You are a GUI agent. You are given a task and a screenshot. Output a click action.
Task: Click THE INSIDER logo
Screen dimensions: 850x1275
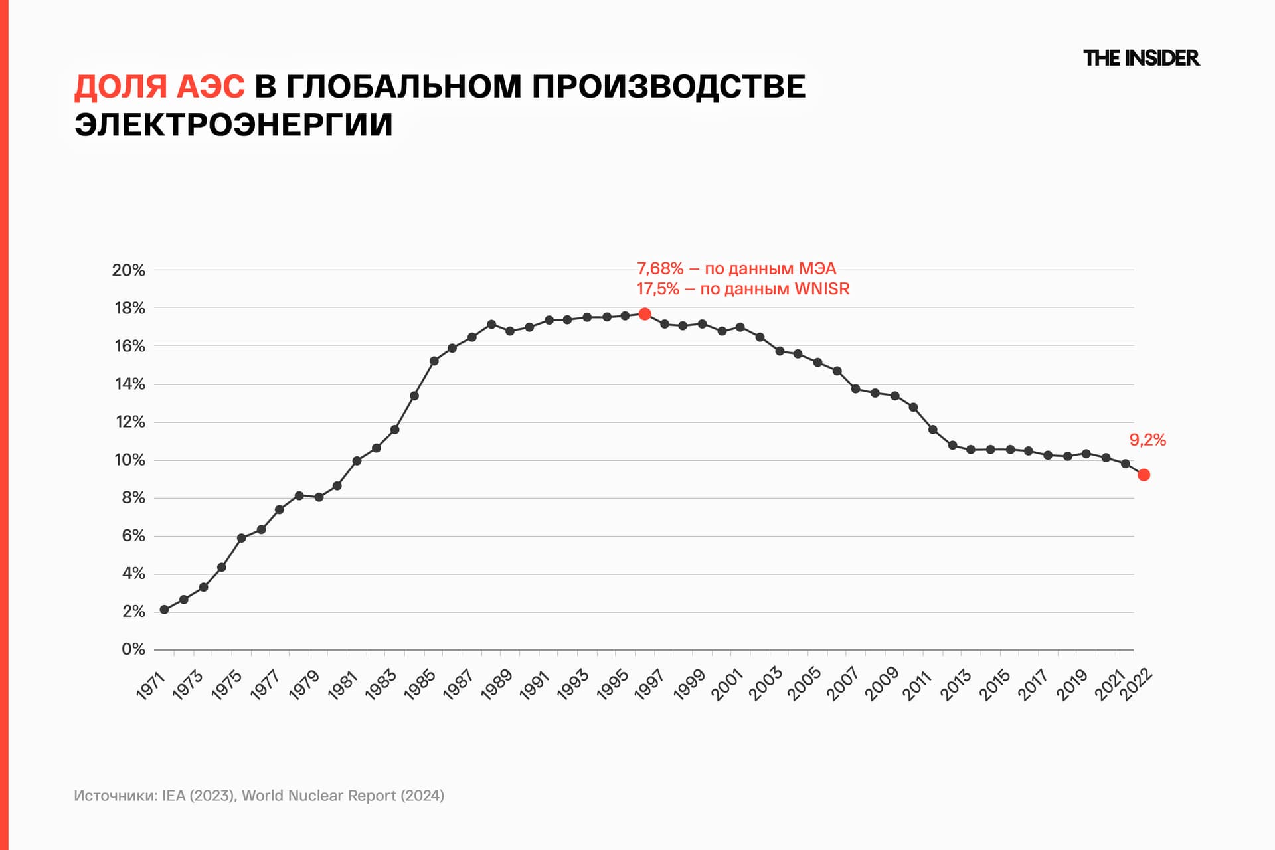point(1141,58)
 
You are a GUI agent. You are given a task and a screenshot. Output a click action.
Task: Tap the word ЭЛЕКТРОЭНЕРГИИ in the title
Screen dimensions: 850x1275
point(234,125)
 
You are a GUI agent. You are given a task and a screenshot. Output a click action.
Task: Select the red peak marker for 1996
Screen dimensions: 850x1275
point(645,314)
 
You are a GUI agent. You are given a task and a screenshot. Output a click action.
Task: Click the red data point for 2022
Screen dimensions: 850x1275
point(1144,475)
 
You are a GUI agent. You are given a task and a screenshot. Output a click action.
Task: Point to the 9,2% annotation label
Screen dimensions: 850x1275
point(1147,440)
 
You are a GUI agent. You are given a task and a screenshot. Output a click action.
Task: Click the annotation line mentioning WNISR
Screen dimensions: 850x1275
point(743,289)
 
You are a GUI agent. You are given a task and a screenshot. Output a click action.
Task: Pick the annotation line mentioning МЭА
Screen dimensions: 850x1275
point(736,268)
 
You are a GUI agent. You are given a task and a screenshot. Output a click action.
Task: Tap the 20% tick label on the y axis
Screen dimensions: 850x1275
point(129,270)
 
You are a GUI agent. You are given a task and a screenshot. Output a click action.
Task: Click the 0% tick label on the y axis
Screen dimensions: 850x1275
point(133,649)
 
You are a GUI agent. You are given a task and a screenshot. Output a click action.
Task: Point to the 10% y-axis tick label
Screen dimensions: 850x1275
point(129,460)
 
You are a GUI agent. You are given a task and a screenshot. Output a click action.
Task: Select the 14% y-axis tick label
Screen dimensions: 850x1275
point(129,384)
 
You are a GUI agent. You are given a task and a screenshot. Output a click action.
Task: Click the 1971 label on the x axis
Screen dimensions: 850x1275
point(151,685)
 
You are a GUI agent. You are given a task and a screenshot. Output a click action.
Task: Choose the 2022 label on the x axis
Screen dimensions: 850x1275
point(1136,685)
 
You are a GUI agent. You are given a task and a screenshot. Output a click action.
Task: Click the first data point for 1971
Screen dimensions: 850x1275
point(164,610)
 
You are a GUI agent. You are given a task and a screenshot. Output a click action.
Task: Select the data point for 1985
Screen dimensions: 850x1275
point(434,361)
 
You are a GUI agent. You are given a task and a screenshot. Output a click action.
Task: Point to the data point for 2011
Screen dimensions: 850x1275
point(933,430)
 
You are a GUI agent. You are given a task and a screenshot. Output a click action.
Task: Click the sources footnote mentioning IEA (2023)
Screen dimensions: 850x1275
point(259,796)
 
